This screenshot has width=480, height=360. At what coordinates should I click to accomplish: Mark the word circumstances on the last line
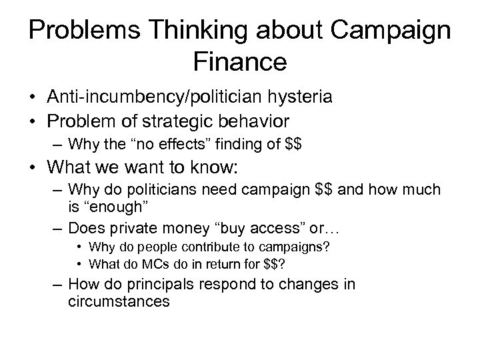tap(119, 301)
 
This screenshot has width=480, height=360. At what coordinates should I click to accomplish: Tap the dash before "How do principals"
tap(56, 285)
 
